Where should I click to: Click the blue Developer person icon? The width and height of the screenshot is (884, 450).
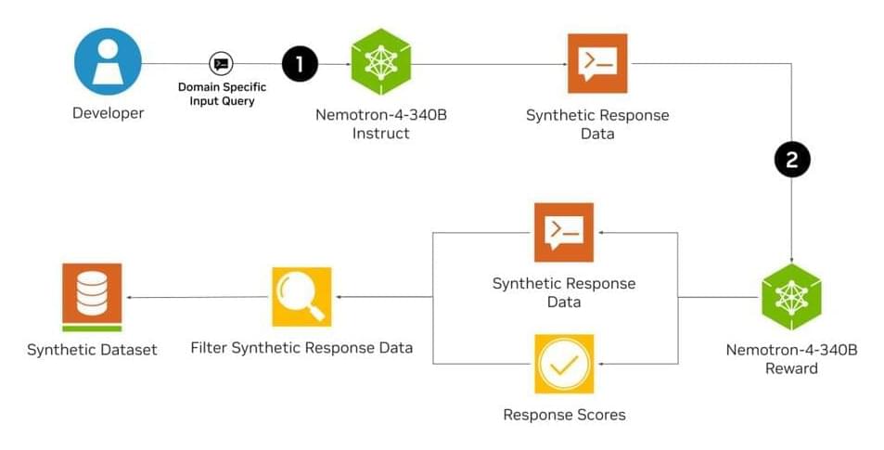108,61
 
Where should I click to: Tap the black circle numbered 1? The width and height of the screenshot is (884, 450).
299,63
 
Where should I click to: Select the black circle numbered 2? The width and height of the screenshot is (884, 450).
791,159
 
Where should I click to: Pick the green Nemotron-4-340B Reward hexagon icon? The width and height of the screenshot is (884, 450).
791,297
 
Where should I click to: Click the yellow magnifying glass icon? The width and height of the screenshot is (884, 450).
301,297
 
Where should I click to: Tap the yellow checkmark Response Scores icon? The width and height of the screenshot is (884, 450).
564,363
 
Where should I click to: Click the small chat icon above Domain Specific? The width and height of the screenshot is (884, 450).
221,64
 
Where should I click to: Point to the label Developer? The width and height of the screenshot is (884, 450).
108,113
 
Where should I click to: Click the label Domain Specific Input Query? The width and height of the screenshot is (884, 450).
222,94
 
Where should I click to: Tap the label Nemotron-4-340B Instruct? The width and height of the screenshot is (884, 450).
380,123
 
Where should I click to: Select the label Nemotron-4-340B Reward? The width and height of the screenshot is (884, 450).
791,359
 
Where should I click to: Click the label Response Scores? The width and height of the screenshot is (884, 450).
564,415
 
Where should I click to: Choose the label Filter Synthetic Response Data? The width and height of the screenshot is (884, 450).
301,349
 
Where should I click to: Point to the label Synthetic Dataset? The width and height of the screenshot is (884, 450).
92,350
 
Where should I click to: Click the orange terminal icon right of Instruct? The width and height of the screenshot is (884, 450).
597,63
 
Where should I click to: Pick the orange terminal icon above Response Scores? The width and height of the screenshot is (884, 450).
564,232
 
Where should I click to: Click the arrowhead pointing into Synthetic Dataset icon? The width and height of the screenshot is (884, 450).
129,297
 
